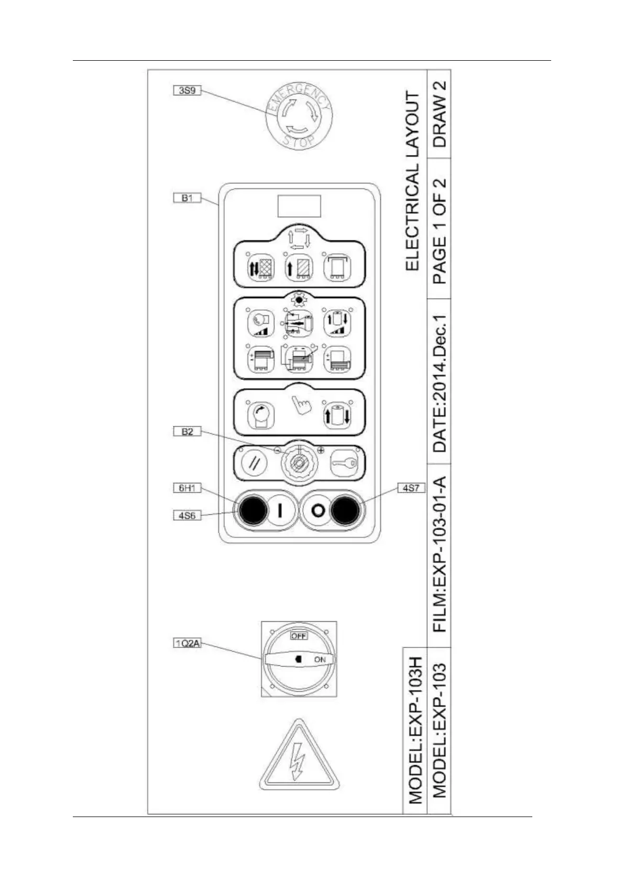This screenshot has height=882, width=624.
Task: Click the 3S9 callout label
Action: coord(187,90)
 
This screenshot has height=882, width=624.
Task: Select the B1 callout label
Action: coord(187,198)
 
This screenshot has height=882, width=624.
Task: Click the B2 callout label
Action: coord(187,432)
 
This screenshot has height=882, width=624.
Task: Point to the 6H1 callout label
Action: coord(187,488)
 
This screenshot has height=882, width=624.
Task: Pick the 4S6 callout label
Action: coord(187,515)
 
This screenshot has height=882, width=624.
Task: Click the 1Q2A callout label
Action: coord(187,643)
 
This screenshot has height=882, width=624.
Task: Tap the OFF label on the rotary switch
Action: coord(299,635)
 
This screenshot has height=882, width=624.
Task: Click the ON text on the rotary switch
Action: coord(320,659)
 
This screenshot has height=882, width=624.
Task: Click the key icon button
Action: coord(344,463)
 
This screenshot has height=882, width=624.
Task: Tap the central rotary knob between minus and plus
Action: coord(299,463)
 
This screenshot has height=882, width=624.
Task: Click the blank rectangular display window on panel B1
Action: coord(299,206)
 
